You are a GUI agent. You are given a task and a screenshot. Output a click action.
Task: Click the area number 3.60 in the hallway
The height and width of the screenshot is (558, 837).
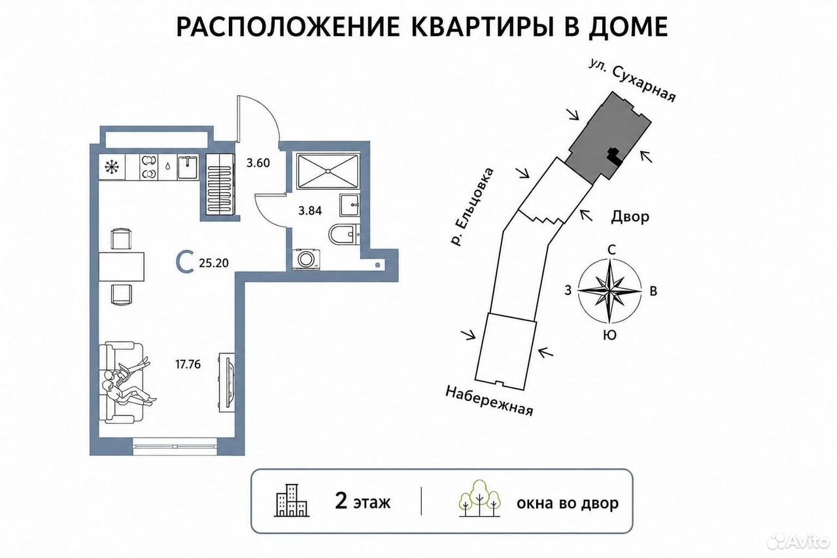pyautogui.click(x=258, y=164)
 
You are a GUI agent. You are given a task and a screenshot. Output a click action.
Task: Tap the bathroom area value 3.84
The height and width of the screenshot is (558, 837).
pyautogui.click(x=310, y=211)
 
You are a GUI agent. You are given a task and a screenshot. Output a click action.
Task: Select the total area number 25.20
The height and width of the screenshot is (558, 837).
pyautogui.click(x=214, y=264)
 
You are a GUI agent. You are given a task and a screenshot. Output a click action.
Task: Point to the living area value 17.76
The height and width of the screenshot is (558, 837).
pyautogui.click(x=188, y=364)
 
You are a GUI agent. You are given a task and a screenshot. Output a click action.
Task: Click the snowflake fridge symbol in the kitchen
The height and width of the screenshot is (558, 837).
pyautogui.click(x=111, y=167)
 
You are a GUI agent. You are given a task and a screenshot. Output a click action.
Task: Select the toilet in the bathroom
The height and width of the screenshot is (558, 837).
pyautogui.click(x=344, y=234)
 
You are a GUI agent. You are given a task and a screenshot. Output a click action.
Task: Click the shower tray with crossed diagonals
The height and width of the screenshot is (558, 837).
pyautogui.click(x=328, y=171)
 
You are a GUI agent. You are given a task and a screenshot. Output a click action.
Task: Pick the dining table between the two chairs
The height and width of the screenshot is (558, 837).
pyautogui.click(x=122, y=266)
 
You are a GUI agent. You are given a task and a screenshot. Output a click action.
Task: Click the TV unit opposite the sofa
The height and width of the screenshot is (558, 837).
pyautogui.click(x=227, y=383)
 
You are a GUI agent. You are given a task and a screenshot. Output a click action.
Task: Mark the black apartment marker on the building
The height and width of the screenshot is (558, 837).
pyautogui.click(x=615, y=157)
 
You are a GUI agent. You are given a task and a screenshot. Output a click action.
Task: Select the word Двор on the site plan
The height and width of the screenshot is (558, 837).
pyautogui.click(x=630, y=217)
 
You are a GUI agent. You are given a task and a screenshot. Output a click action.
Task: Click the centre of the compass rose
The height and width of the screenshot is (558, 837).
pyautogui.click(x=610, y=290)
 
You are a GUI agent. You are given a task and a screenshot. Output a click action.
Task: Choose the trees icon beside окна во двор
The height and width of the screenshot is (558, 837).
pyautogui.click(x=479, y=498)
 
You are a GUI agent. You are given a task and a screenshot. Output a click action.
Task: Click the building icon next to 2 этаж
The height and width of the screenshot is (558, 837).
pyautogui.click(x=292, y=500)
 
